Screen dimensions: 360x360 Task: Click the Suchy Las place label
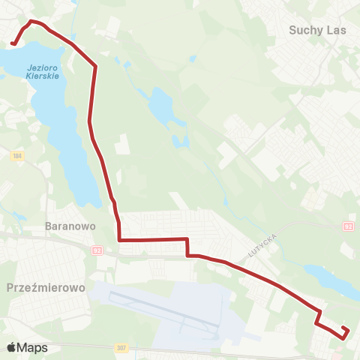pos(313,31)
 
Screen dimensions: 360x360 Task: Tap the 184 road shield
pos(18,155)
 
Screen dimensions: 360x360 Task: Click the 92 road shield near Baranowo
pos(97,251)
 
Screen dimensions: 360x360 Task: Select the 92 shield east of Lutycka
pos(348,226)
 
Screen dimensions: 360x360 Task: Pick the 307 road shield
pos(121,348)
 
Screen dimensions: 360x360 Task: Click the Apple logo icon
pos(10,347)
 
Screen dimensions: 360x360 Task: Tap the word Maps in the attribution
pos(32,347)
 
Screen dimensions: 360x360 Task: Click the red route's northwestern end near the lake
pos(13,44)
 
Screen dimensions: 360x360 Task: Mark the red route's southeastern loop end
pos(345,333)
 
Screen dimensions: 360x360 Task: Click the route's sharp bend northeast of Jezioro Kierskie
pos(96,67)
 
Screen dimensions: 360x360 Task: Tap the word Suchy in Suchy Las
pos(303,31)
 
